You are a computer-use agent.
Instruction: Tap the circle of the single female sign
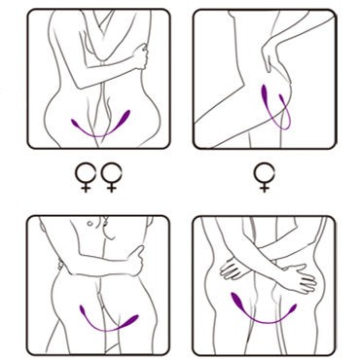coord(262,172)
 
